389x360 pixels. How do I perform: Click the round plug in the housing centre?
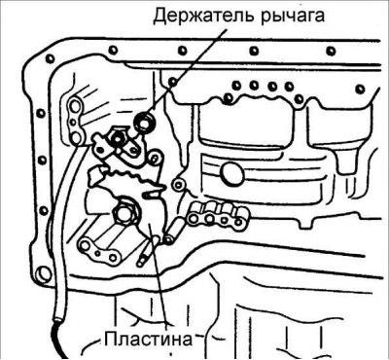pos(230,173)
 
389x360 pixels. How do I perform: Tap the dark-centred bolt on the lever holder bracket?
pos(116,138)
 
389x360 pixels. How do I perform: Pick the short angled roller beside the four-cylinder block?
pos(172,232)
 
